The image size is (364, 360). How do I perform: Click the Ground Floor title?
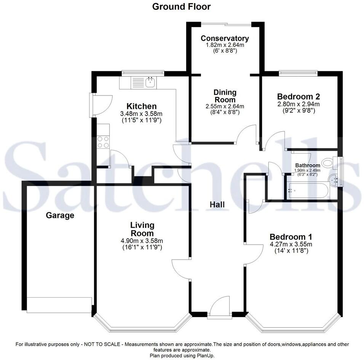point(181,6)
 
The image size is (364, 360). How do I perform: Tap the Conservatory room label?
point(225,38)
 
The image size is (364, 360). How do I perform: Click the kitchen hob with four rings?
point(103,142)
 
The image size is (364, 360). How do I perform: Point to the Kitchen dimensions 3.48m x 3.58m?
point(141,114)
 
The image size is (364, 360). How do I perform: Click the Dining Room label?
point(225,96)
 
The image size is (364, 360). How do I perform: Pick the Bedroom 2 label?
point(298,96)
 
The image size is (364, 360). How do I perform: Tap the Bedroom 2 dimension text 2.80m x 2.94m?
point(298,104)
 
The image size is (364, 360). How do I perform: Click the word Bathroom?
point(307,166)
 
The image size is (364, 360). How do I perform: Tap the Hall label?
point(217,204)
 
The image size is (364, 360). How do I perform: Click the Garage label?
point(60,215)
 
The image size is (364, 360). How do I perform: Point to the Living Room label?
point(142,229)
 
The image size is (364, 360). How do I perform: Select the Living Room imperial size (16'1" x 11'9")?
point(142,247)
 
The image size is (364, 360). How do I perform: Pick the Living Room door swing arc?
point(181,264)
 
